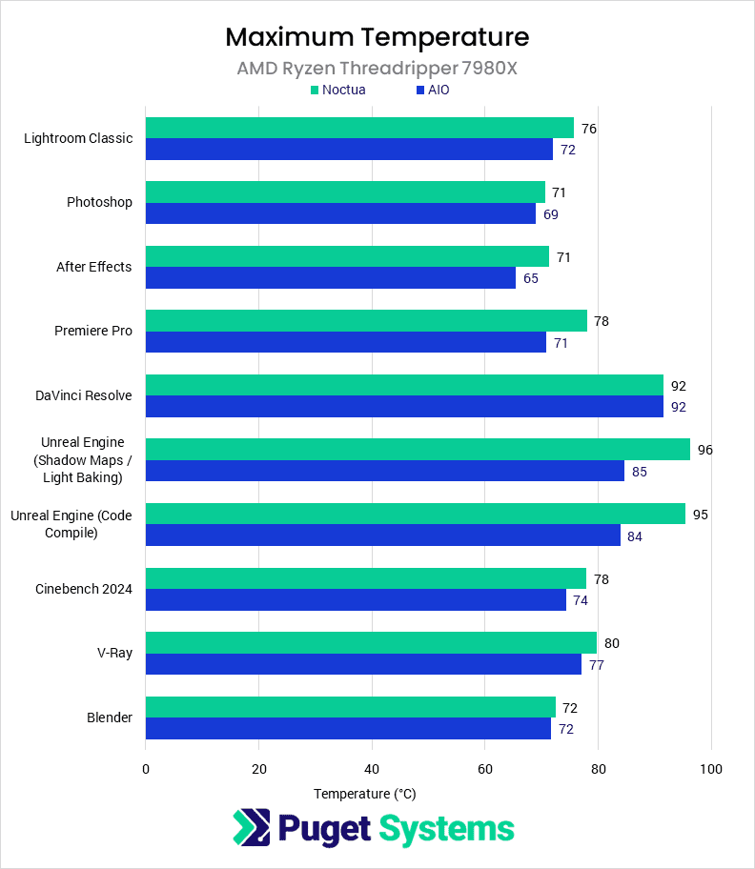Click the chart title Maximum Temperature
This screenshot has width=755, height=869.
(377, 37)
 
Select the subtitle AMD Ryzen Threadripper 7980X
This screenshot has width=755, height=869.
(377, 69)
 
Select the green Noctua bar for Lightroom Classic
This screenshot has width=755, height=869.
(359, 128)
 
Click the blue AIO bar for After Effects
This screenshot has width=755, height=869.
(330, 278)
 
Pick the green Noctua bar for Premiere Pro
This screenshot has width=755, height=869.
(366, 320)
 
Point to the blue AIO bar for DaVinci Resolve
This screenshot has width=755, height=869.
(404, 407)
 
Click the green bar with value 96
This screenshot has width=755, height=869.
(418, 449)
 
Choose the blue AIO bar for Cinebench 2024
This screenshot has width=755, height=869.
(356, 600)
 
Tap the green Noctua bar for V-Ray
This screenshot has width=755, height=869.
(371, 642)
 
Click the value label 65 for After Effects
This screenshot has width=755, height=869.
(531, 278)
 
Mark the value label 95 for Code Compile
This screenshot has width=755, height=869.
(701, 515)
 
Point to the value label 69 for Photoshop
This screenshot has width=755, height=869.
(551, 214)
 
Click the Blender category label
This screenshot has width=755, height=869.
(110, 717)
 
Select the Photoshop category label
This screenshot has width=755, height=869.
(99, 202)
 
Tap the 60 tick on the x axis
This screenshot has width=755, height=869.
(484, 769)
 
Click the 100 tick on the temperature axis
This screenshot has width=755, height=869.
(711, 769)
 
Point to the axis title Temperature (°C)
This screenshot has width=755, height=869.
(365, 794)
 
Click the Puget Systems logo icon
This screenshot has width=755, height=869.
(252, 827)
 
